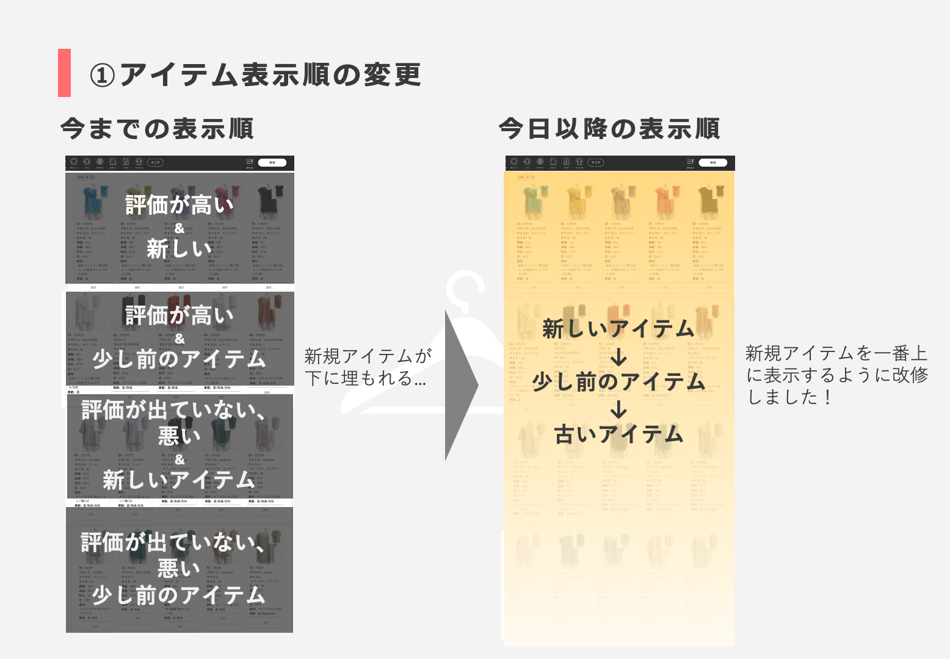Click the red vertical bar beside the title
point(64,73)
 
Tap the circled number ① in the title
point(103,76)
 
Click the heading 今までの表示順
point(157,129)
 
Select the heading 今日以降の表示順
point(609,129)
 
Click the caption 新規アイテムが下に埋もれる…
point(367,367)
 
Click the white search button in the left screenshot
point(272,162)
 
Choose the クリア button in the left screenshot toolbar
point(156,162)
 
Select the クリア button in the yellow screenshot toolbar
point(596,162)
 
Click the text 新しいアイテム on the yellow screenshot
point(618,329)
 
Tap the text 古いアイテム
point(618,434)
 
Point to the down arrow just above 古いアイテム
point(618,409)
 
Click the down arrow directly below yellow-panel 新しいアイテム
point(618,356)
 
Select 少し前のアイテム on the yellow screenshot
point(618,382)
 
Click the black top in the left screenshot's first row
point(267,199)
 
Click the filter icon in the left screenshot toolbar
point(249,162)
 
